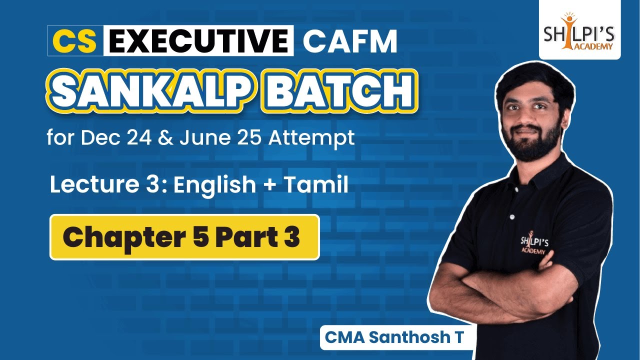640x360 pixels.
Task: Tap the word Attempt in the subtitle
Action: (311, 136)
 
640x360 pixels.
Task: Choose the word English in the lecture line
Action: (214, 185)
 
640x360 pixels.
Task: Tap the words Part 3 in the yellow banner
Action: (257, 237)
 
